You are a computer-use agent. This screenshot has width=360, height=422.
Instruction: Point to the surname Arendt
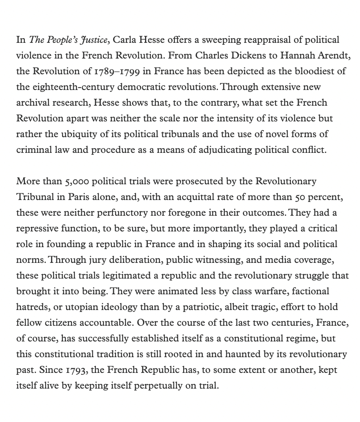(x=334, y=56)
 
